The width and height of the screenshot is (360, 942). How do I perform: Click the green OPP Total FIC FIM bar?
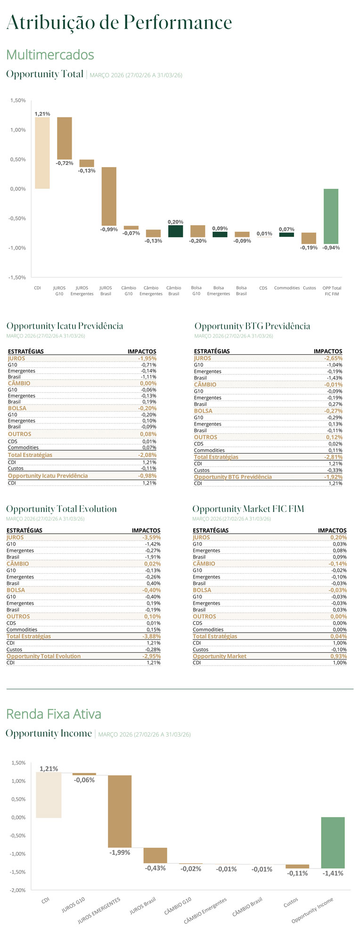[x=331, y=216]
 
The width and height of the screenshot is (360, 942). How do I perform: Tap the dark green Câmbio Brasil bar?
[x=176, y=231]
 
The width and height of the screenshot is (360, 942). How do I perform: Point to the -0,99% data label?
[x=109, y=229]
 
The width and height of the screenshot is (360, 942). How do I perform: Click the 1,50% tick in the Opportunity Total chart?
[x=18, y=100]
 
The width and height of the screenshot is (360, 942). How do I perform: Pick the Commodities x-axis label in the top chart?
[x=287, y=288]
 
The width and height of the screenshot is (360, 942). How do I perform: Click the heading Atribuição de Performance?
[x=119, y=22]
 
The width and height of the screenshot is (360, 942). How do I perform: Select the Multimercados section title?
[x=50, y=55]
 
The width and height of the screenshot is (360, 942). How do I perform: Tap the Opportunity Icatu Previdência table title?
[x=65, y=326]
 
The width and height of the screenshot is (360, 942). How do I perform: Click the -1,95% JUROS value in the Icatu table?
[x=147, y=358]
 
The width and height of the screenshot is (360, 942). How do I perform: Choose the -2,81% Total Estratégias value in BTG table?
[x=333, y=457]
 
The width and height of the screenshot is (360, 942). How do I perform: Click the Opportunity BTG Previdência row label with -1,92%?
[x=233, y=477]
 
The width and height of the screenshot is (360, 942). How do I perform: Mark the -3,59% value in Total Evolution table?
[x=151, y=537]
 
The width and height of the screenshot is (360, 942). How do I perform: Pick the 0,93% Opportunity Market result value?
[x=338, y=656]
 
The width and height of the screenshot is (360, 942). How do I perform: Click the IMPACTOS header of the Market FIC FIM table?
[x=332, y=530]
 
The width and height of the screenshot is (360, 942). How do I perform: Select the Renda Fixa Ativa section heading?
[x=54, y=714]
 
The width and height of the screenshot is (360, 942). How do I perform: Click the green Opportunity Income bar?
[x=333, y=843]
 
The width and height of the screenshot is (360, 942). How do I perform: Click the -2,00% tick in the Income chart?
[x=18, y=890]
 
